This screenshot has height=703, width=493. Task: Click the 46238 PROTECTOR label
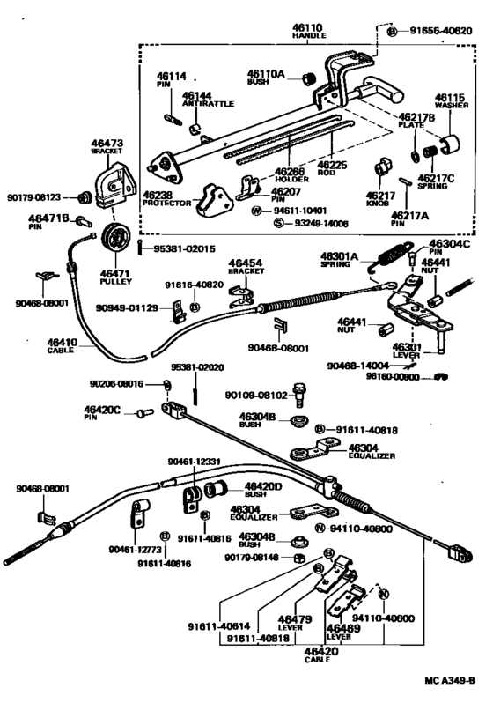pyautogui.click(x=167, y=199)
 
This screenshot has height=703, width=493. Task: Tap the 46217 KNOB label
pyautogui.click(x=380, y=199)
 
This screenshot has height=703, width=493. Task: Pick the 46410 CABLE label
pyautogui.click(x=63, y=344)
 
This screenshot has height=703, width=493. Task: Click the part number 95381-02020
pyautogui.click(x=195, y=366)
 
